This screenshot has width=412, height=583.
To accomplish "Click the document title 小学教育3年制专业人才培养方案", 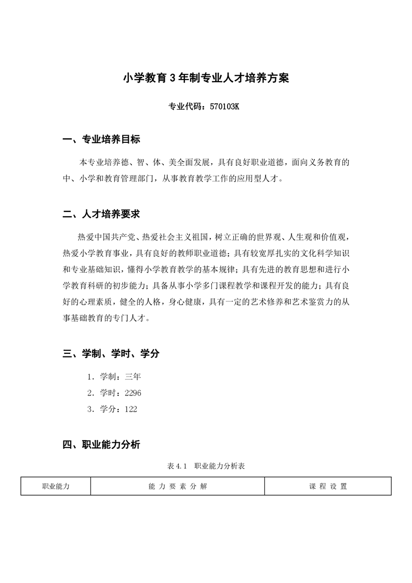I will pyautogui.click(x=205, y=78).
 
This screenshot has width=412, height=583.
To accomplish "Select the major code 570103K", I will pyautogui.click(x=224, y=108).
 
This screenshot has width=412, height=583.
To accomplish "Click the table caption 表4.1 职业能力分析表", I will pyautogui.click(x=206, y=467).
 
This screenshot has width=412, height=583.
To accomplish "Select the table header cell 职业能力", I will pyautogui.click(x=56, y=486).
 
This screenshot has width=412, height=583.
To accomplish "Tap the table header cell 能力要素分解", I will pyautogui.click(x=177, y=486).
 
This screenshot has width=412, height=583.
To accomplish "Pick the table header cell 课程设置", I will pyautogui.click(x=328, y=486).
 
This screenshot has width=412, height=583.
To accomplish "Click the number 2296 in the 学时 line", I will pyautogui.click(x=133, y=393).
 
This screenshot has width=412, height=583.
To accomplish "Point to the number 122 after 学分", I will pyautogui.click(x=131, y=409).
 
